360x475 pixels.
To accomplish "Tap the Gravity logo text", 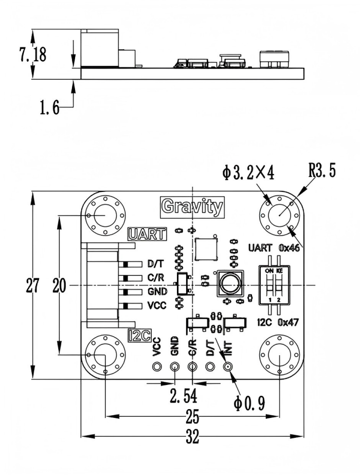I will tap(192, 207).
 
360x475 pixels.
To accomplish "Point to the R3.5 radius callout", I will tap(322, 171).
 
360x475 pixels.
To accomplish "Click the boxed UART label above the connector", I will tap(147, 235).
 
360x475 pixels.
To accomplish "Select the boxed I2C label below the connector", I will tap(138, 336).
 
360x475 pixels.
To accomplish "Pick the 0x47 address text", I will tap(289, 323).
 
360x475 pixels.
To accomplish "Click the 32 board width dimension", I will tap(192, 437).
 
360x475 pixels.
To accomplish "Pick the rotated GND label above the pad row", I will tap(175, 346).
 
